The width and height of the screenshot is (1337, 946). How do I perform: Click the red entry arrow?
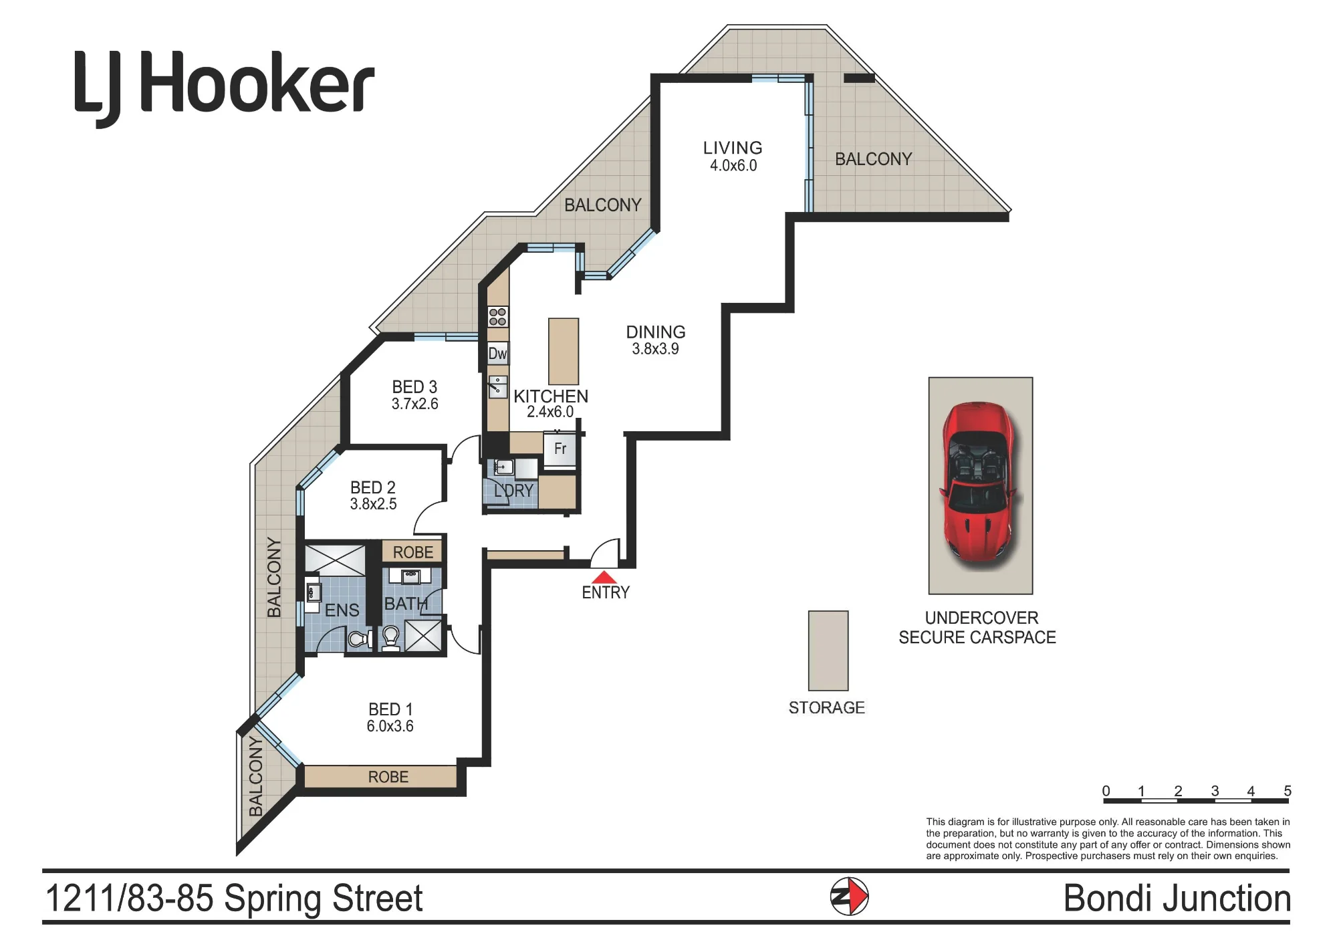pos(604,577)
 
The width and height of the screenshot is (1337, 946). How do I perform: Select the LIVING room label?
pos(733,148)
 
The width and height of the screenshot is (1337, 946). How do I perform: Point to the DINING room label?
pos(656,332)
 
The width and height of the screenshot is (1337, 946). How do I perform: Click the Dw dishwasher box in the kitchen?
pos(497,354)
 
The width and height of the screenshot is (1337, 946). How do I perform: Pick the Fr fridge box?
pos(560,449)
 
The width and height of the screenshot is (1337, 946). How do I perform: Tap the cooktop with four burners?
pos(497,317)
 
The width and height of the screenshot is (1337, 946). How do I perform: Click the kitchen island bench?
pos(564,351)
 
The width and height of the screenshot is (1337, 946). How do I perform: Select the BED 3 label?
pos(414,387)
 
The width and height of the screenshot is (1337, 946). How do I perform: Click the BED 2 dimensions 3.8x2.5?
pos(373,504)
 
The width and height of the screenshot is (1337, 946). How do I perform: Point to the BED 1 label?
pos(390,709)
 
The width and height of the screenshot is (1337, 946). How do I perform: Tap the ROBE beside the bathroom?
pos(412,552)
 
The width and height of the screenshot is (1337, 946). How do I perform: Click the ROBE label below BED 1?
pos(388,777)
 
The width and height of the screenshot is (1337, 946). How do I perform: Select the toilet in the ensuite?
pos(360,640)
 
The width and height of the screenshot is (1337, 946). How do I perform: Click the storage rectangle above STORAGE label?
pos(828,651)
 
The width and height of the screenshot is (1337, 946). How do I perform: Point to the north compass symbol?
pos(849,896)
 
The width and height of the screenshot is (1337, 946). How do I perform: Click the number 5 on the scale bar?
pos(1288,791)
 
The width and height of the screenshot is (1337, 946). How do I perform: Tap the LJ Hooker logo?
pos(224,87)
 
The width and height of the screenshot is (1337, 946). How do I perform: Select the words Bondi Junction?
pos(1177,899)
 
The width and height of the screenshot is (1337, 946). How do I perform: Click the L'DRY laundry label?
pos(513,491)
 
